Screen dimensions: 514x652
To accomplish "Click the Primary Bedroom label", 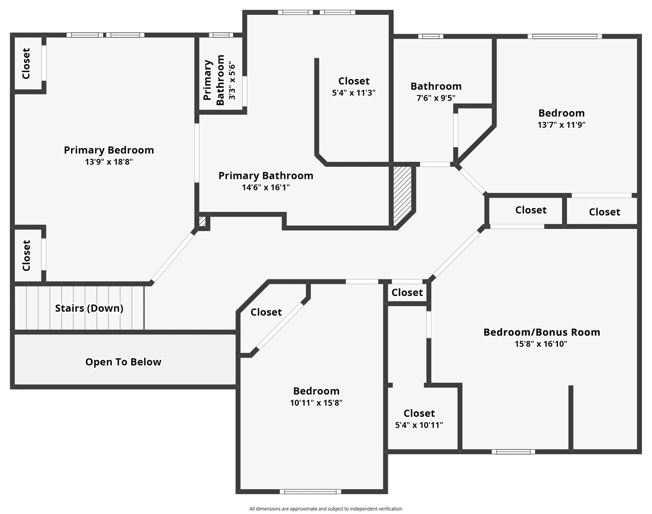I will (109, 150).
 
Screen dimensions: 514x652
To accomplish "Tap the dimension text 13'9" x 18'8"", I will (109, 162).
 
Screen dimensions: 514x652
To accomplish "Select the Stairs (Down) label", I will (89, 308).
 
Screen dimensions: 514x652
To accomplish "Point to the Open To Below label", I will (123, 362).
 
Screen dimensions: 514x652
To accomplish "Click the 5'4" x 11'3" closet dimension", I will (354, 93).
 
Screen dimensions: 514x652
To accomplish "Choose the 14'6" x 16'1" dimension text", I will (266, 188).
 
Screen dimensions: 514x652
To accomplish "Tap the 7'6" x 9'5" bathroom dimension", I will (436, 98).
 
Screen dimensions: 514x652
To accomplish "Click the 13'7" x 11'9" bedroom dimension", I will (561, 125).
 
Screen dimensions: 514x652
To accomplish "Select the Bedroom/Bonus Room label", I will (541, 332).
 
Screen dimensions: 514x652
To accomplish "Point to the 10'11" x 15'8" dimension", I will (316, 403).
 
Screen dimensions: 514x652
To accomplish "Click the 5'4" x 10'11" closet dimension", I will (419, 425).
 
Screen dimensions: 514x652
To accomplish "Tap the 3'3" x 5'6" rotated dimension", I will (232, 80).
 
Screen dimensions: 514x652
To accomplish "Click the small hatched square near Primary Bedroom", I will (202, 222).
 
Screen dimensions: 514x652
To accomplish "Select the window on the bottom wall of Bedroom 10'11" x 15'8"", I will (310, 491).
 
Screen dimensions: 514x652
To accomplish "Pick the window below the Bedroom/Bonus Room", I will (513, 452).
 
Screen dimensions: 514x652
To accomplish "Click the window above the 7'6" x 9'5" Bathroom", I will (430, 36).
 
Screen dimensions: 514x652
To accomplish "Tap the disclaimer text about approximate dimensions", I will (326, 509).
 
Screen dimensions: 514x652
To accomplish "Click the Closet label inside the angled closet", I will (266, 312).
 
